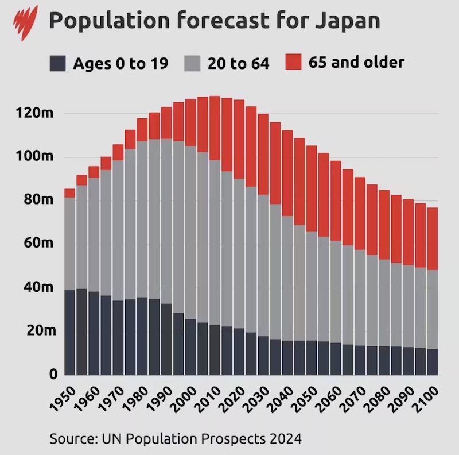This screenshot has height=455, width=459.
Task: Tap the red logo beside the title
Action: pos(25,21)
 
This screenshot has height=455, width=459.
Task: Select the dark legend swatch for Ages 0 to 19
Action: pos(58,63)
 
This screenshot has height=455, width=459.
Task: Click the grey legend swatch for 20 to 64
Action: pos(193,63)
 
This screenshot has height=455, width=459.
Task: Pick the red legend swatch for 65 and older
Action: pos(294,62)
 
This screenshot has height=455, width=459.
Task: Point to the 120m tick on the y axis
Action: pos(36,113)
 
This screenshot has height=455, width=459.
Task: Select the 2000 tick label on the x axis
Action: pos(188,398)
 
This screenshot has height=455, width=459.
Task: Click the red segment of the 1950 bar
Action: pos(69,193)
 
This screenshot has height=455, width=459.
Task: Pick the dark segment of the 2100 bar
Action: pos(433,362)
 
